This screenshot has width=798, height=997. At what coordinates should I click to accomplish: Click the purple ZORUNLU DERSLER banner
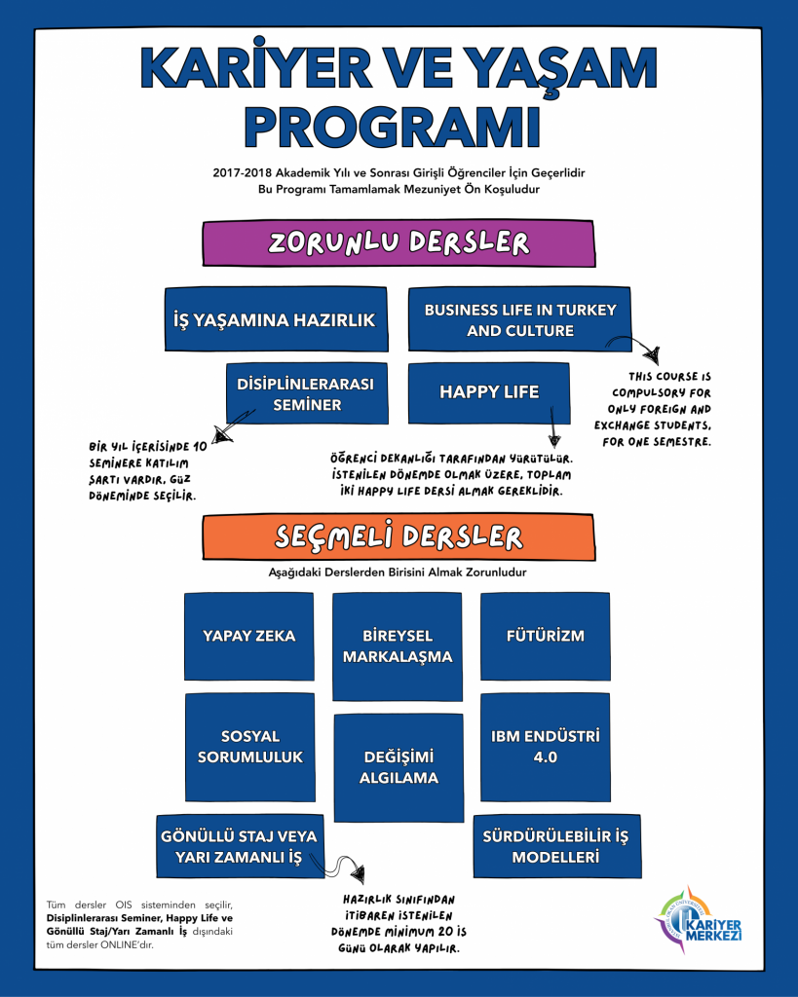[x=399, y=243]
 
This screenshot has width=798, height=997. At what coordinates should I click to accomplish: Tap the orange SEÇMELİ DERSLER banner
[x=399, y=537]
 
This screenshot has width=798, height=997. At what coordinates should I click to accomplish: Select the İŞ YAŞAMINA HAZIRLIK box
[x=275, y=319]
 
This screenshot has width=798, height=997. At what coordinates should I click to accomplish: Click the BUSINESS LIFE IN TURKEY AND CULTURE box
[x=519, y=319]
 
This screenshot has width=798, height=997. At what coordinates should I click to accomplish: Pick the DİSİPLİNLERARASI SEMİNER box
[x=305, y=393]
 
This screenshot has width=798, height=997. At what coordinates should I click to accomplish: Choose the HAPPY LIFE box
[x=488, y=391]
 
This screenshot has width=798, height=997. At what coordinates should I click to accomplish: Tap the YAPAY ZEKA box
[x=248, y=636]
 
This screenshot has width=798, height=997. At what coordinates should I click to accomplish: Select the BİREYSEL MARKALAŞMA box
[x=398, y=646]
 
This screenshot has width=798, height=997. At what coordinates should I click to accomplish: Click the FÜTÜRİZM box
[x=545, y=636]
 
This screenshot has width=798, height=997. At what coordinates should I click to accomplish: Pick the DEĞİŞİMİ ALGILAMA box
[x=398, y=767]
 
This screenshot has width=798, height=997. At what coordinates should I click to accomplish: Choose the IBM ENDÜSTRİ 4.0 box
[x=545, y=746]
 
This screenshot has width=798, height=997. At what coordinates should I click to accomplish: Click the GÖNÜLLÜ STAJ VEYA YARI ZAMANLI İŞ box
[x=239, y=846]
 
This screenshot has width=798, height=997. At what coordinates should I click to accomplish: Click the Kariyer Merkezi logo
[x=700, y=918]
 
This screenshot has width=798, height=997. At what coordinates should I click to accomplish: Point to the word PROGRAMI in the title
[x=399, y=126]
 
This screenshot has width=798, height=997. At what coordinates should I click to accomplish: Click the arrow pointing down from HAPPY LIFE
[x=554, y=428]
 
